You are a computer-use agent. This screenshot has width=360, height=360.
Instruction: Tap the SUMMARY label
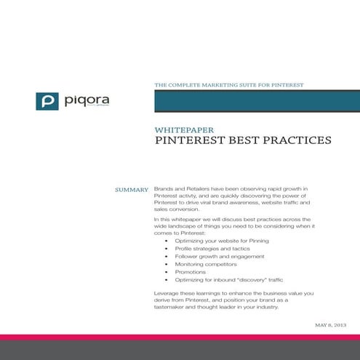(x=132, y=190)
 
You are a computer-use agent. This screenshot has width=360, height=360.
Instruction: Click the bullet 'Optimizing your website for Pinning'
(x=211, y=240)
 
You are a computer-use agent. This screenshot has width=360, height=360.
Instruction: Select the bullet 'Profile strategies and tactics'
(x=204, y=248)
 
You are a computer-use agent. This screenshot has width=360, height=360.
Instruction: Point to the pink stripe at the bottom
(x=180, y=337)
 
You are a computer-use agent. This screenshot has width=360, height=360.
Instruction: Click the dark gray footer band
(x=180, y=351)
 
